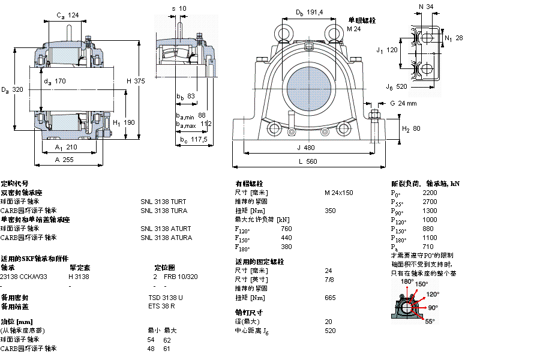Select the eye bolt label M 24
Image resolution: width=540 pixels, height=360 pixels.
355,28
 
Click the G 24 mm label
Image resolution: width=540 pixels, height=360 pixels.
403,103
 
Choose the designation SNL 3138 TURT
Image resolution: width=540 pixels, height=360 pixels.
164,202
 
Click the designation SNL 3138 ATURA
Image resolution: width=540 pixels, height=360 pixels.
166,238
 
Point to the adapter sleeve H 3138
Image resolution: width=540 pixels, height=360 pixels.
79,277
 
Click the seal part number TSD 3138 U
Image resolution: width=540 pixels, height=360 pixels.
166,298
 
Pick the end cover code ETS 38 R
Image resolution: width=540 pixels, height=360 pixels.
161,307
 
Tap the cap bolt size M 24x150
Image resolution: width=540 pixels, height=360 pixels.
339,193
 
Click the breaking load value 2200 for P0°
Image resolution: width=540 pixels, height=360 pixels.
430,193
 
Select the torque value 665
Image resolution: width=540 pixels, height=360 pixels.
330,298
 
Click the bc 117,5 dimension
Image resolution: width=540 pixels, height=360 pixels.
193,140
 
